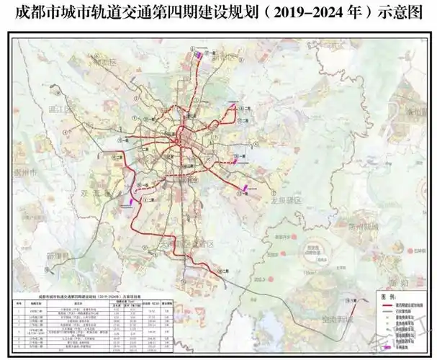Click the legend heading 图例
pyautogui.click(x=388, y=296)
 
